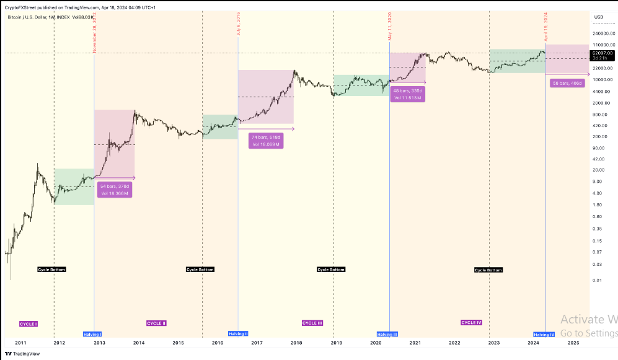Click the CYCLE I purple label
click(29, 324)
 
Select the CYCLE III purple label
click(312, 323)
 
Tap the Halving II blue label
click(238, 334)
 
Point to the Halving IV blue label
click(544, 334)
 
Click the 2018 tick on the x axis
click(296, 343)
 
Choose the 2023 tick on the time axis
click(494, 343)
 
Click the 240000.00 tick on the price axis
click(602, 33)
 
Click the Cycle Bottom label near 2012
click(51, 270)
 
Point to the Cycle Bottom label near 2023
click(488, 270)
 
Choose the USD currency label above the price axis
click(598, 17)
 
